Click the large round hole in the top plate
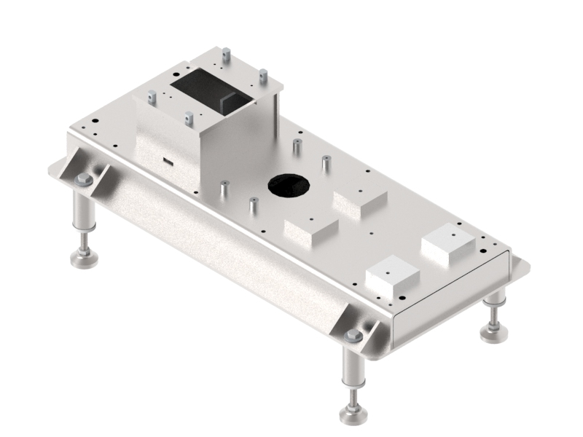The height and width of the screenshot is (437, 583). pos(288,185)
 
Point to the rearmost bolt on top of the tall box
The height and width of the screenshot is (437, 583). pos(227,54)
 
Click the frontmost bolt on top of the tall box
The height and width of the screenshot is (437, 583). pos(189,117)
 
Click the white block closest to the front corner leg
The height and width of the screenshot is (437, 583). pos(393,277)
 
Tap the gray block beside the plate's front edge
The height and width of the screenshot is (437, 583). pos(310,229)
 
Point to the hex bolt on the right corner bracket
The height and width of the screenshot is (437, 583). pos(353,335)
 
